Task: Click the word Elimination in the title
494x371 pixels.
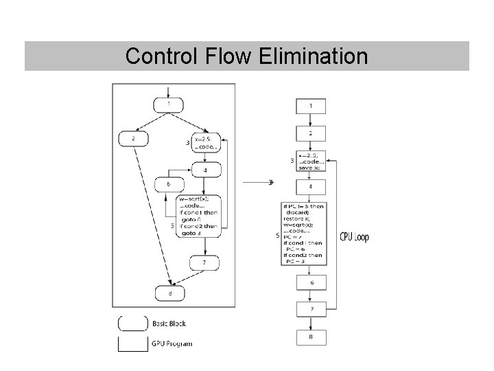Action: [x=314, y=56]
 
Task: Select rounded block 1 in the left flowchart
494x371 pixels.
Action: [x=169, y=104]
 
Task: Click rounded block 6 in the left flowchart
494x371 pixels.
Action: [x=169, y=183]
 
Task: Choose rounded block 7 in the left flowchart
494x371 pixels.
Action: [x=204, y=263]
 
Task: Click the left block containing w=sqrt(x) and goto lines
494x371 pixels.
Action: [x=199, y=215]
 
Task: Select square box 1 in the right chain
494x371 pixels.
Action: [x=311, y=106]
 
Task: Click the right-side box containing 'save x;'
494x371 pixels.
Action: [x=311, y=160]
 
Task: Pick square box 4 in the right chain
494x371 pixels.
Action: [x=311, y=186]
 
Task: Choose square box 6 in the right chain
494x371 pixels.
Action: [x=311, y=282]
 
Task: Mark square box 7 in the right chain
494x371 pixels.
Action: [x=311, y=310]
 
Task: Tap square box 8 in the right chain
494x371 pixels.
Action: [x=311, y=337]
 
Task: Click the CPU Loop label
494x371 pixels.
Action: [x=354, y=237]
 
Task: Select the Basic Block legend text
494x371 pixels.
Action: [x=169, y=323]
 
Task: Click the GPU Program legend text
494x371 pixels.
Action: [x=172, y=344]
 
